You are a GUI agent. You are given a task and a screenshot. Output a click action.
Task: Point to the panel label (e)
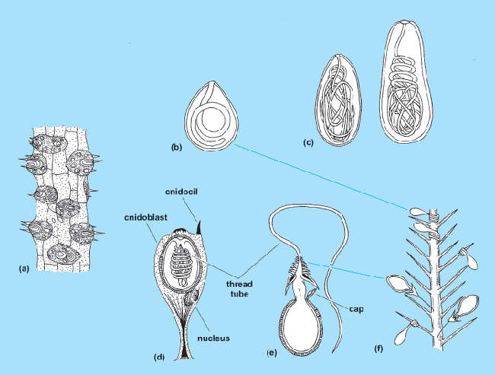[273, 354]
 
